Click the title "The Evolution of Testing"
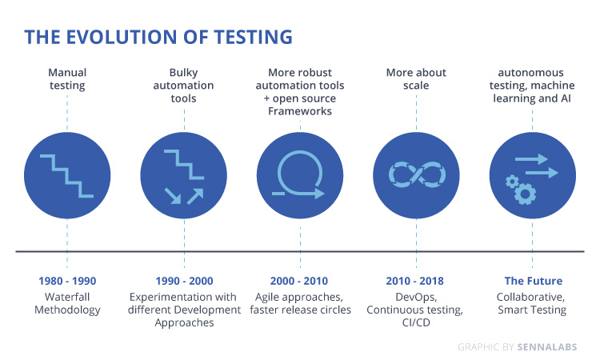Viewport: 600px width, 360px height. pyautogui.click(x=158, y=37)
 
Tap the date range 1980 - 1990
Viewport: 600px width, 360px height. pyautogui.click(x=67, y=281)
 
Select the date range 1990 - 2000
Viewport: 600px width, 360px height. pyautogui.click(x=184, y=281)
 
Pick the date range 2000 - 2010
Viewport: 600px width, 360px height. pyautogui.click(x=299, y=281)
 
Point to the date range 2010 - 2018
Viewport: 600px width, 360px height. pyautogui.click(x=414, y=281)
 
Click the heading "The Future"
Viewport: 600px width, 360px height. pyautogui.click(x=534, y=281)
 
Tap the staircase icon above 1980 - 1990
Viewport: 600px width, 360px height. pyautogui.click(x=67, y=176)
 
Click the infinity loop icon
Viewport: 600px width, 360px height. pyautogui.click(x=417, y=175)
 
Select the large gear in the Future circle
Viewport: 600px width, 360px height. pyautogui.click(x=525, y=194)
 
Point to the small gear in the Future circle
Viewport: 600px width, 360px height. pyautogui.click(x=512, y=182)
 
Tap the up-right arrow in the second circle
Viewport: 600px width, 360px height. pyautogui.click(x=195, y=196)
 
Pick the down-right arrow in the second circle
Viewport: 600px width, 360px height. pyautogui.click(x=173, y=195)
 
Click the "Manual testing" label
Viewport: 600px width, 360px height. pyautogui.click(x=67, y=79)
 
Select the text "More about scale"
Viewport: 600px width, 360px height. pyautogui.click(x=416, y=79)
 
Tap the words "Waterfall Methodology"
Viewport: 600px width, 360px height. pyautogui.click(x=67, y=303)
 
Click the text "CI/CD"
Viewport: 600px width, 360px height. pyautogui.click(x=416, y=322)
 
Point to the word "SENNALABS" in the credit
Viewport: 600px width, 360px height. pyautogui.click(x=547, y=347)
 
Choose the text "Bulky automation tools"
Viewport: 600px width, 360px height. pyautogui.click(x=184, y=86)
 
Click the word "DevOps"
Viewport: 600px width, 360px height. pyautogui.click(x=416, y=298)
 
